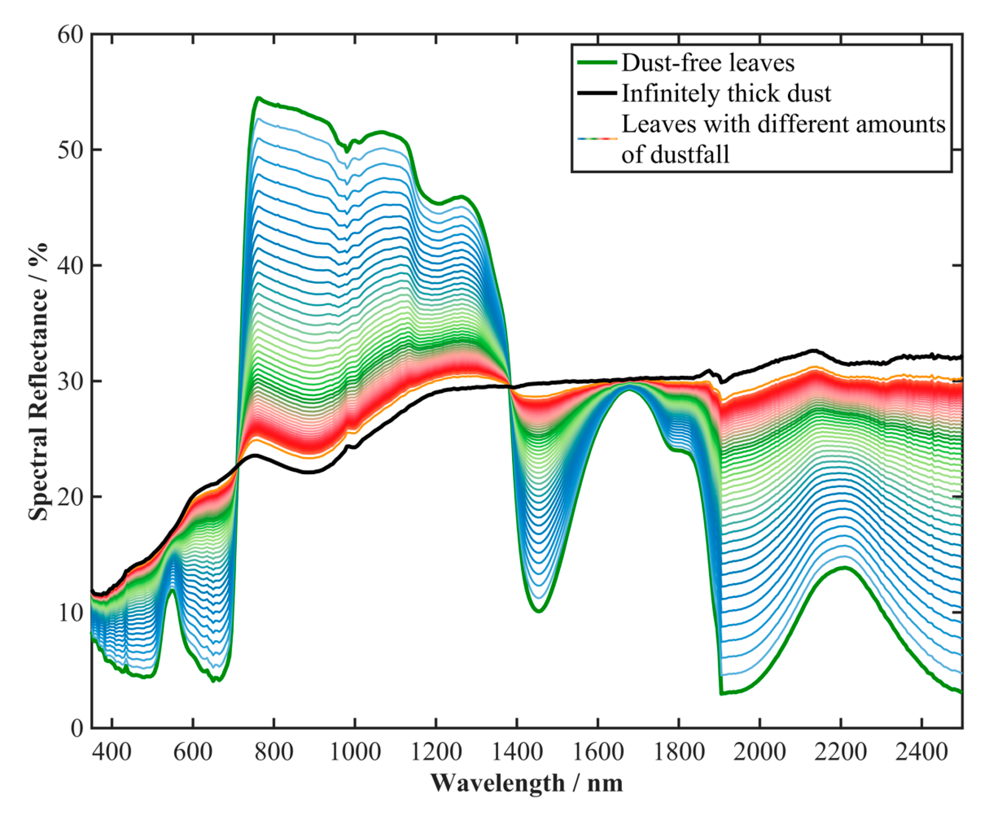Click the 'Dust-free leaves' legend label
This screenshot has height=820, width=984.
coord(708,63)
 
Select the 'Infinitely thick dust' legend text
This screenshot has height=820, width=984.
coord(727,93)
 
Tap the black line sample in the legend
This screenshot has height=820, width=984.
coord(597,93)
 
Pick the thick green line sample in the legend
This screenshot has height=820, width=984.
coord(597,63)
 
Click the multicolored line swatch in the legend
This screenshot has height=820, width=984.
coord(597,138)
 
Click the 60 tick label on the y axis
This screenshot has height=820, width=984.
coord(70,35)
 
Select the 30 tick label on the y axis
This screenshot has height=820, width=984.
coord(70,381)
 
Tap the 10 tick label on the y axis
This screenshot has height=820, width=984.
coord(70,612)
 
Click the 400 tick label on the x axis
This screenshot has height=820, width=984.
coord(112,752)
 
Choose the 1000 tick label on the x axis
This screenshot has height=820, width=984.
coord(355,752)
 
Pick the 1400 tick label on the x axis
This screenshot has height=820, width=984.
coord(517,752)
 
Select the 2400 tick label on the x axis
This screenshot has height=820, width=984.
coord(922,752)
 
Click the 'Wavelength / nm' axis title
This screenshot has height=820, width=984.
coord(527,783)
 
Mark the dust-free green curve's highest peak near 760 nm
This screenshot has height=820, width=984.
coord(258,98)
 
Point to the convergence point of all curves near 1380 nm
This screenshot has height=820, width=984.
coord(511,386)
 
